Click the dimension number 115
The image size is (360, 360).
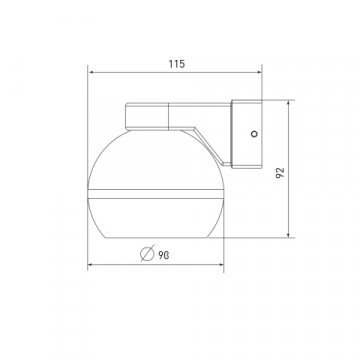177,64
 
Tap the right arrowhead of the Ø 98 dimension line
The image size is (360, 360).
221,265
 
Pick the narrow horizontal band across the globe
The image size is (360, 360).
157,190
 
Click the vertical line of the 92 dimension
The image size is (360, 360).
293,190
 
